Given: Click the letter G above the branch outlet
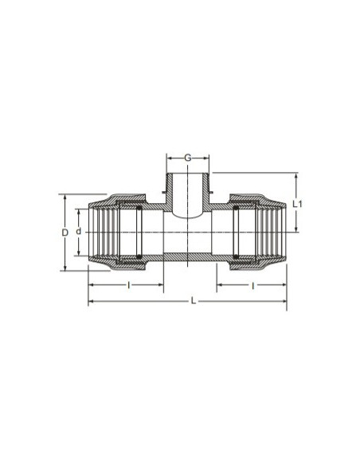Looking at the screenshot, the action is pyautogui.click(x=188, y=158).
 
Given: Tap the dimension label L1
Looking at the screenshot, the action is pyautogui.click(x=297, y=204).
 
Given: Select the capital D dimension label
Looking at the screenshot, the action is pyautogui.click(x=65, y=232).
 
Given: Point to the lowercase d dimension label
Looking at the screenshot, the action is pyautogui.click(x=78, y=232).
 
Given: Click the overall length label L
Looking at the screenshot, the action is pyautogui.click(x=194, y=301).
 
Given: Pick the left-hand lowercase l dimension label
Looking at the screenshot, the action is pyautogui.click(x=129, y=285).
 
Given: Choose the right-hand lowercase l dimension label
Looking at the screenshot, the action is pyautogui.click(x=252, y=286).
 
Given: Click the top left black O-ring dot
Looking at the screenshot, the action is pyautogui.click(x=139, y=208).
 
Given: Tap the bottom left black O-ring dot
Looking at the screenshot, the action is pyautogui.click(x=139, y=256).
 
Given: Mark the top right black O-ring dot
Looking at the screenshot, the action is pyautogui.click(x=236, y=208).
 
